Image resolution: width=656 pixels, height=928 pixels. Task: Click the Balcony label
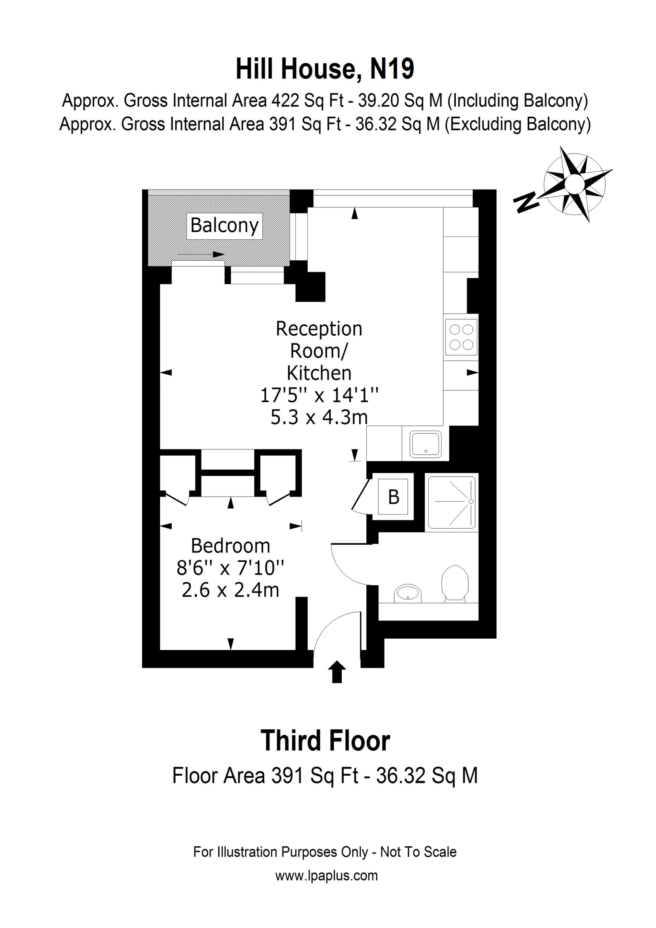[224, 226]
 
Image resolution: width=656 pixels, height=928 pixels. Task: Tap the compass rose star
[574, 184]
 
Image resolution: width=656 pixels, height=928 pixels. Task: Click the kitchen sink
[426, 444]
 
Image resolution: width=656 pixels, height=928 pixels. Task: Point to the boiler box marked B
[393, 497]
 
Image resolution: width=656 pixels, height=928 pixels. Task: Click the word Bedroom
[230, 546]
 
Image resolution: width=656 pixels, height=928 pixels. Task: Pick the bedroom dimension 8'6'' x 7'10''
[230, 568]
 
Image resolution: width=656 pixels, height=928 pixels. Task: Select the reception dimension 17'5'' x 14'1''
[319, 395]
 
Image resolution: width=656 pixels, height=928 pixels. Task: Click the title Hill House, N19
[325, 69]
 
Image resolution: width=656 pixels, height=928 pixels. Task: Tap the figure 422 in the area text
[286, 101]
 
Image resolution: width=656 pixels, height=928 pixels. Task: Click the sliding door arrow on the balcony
[201, 255]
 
